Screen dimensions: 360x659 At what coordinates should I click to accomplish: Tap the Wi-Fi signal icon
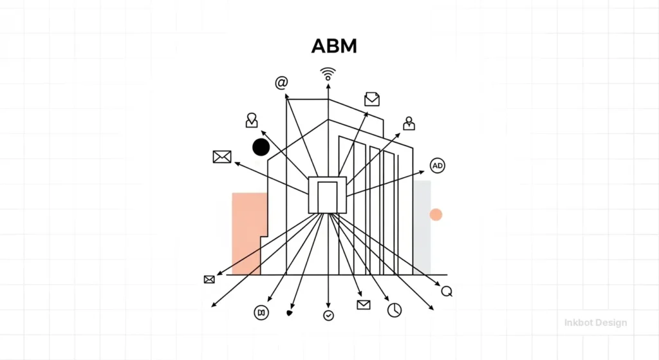click(x=328, y=74)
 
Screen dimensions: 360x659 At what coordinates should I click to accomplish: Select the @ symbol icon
click(x=281, y=83)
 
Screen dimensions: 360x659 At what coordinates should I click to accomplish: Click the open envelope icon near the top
click(x=372, y=99)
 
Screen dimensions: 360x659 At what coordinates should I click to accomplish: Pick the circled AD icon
click(x=438, y=166)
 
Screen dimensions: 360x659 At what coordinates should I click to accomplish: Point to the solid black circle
click(x=261, y=147)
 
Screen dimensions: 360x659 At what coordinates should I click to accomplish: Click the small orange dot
click(x=436, y=214)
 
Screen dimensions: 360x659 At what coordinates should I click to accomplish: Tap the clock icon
click(x=394, y=310)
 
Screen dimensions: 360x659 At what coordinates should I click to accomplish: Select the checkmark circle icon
click(x=329, y=316)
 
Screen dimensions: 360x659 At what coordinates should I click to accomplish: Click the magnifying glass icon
click(x=447, y=291)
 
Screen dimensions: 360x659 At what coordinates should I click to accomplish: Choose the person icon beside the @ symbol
click(x=252, y=120)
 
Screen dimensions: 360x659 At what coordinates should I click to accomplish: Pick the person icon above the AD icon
click(x=409, y=123)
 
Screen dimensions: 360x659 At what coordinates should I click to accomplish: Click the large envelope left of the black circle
click(x=222, y=156)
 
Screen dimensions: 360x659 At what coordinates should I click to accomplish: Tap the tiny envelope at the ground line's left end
click(x=209, y=279)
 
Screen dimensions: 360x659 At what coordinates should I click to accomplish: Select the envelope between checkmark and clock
click(x=364, y=305)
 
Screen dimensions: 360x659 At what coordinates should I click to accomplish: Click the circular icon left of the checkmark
click(x=261, y=312)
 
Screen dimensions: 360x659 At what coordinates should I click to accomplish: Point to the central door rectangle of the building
click(x=328, y=196)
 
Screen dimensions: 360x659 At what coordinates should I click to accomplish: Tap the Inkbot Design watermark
click(x=595, y=323)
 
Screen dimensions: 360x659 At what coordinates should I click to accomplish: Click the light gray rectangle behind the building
click(x=423, y=225)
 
